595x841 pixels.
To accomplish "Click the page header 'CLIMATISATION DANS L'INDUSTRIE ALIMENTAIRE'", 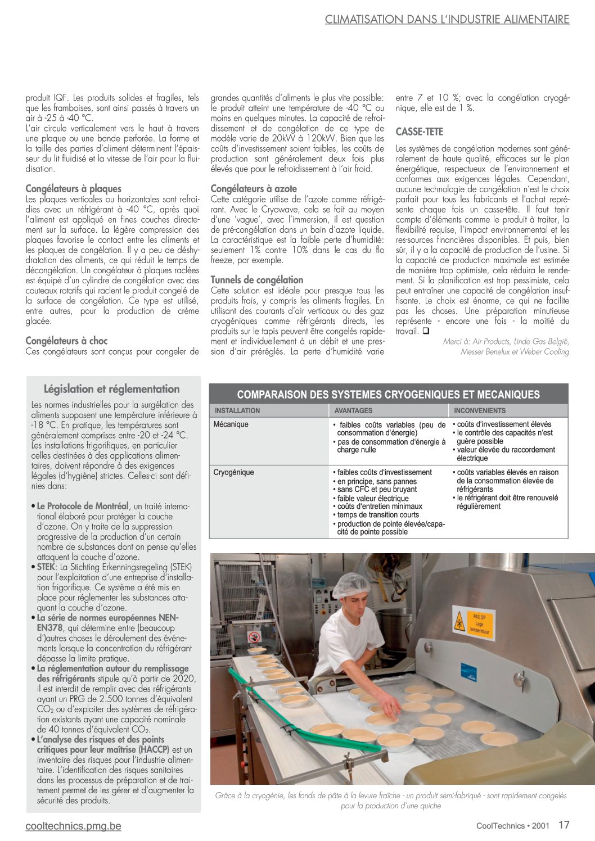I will coord(447,20).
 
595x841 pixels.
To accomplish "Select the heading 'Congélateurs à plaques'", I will coord(73,189).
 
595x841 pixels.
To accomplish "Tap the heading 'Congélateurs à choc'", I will coord(66,341).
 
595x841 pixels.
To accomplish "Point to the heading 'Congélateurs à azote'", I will coord(254,189).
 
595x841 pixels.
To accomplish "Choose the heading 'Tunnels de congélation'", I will coord(256,280).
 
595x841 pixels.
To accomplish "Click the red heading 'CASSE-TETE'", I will coord(419,132).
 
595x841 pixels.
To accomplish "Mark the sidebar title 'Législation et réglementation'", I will coord(112,389).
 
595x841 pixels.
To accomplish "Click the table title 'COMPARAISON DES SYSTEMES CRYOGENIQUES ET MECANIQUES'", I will coord(388,395).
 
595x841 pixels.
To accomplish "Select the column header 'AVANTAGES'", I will coord(353,411).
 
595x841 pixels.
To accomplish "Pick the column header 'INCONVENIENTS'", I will coord(480,411).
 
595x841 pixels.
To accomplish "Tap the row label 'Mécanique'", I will coord(231,424).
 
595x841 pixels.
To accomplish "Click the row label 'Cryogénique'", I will coord(233,473).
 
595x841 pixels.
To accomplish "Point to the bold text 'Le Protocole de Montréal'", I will coord(83,506).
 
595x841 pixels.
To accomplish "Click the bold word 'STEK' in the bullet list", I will coord(46,567).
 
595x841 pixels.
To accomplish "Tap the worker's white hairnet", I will coord(350,585).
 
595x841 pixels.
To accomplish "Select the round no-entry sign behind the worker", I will coord(253,637).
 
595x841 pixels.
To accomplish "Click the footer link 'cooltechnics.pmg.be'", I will coord(73,826).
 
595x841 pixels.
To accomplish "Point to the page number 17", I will coord(564,825).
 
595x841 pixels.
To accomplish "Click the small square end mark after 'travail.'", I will coord(426,331).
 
